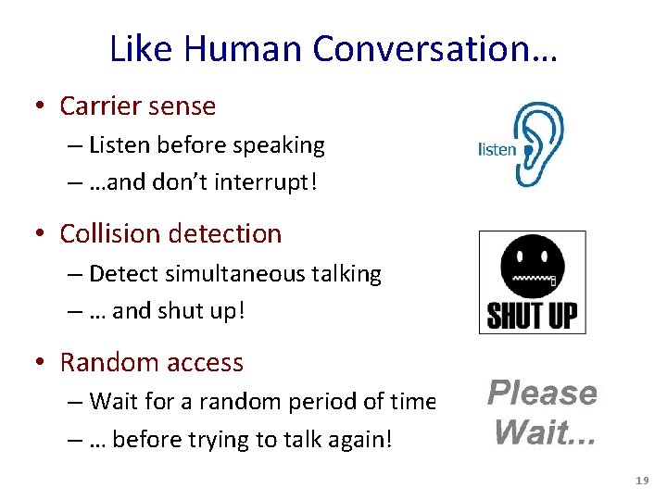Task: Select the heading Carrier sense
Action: click(137, 106)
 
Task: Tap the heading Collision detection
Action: click(170, 233)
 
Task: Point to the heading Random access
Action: click(151, 362)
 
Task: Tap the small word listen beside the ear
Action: click(497, 149)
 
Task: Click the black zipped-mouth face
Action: click(532, 268)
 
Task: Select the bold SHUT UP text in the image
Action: click(532, 315)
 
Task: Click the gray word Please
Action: click(542, 394)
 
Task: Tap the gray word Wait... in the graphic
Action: click(545, 431)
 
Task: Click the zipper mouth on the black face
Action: click(534, 277)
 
